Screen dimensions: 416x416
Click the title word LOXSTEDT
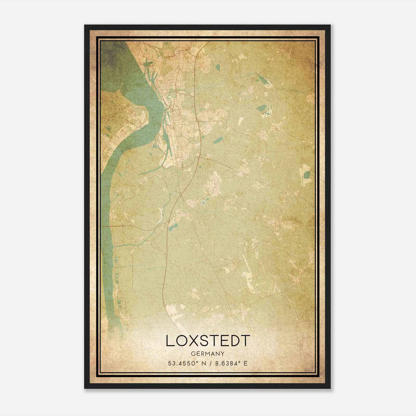[x=208, y=341]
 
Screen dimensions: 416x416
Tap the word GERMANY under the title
[x=208, y=354]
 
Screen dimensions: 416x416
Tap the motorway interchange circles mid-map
[x=181, y=194]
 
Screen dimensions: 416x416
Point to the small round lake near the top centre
[x=217, y=67]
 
